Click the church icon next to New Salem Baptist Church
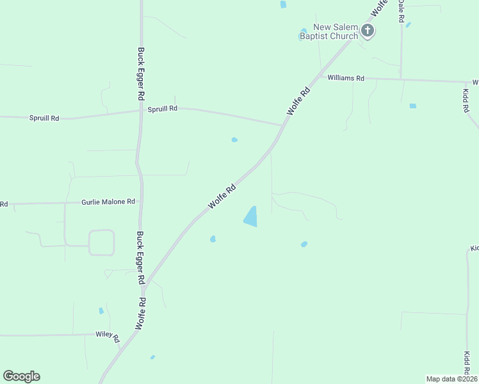coord(368,29)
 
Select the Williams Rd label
coord(346,78)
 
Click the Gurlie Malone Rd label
coord(108,202)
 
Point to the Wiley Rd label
coord(108,335)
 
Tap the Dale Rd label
coord(400,11)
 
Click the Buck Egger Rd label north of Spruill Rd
coord(140,73)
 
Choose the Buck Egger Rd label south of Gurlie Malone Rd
coord(140,257)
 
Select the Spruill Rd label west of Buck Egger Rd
coord(44,118)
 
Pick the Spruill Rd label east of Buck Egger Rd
coord(162,109)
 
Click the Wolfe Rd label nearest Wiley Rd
coord(141,314)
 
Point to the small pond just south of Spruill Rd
coord(234,140)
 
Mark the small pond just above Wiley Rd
coord(101,311)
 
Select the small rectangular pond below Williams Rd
coord(412,106)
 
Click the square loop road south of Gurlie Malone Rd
coord(101,243)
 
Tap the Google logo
coord(21,376)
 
